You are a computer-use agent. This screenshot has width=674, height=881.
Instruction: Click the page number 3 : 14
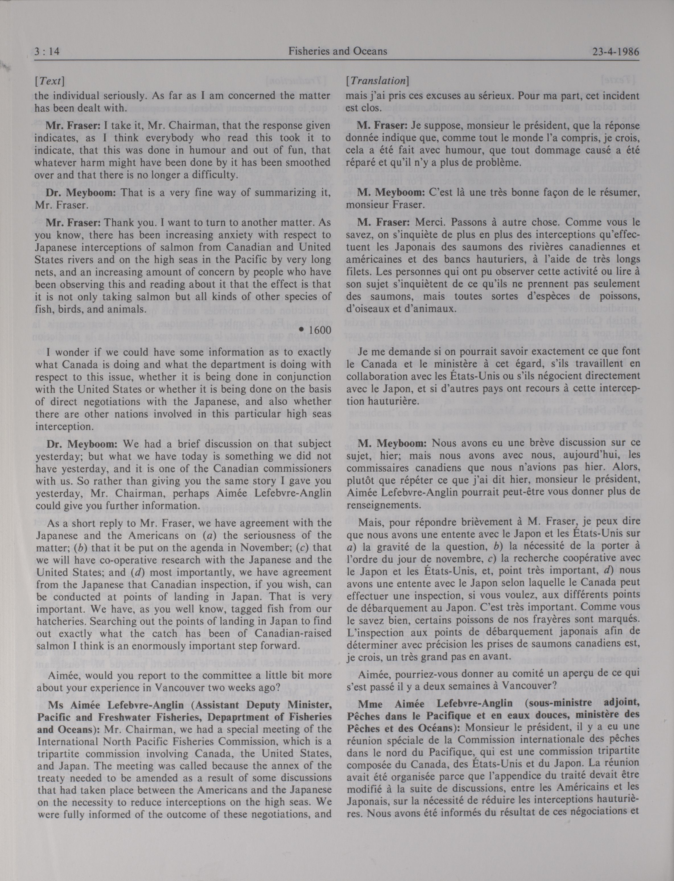coord(47,52)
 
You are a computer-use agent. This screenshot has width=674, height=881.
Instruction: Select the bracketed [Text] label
coord(50,81)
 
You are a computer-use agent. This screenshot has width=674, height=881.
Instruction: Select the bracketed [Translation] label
coord(377,81)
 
